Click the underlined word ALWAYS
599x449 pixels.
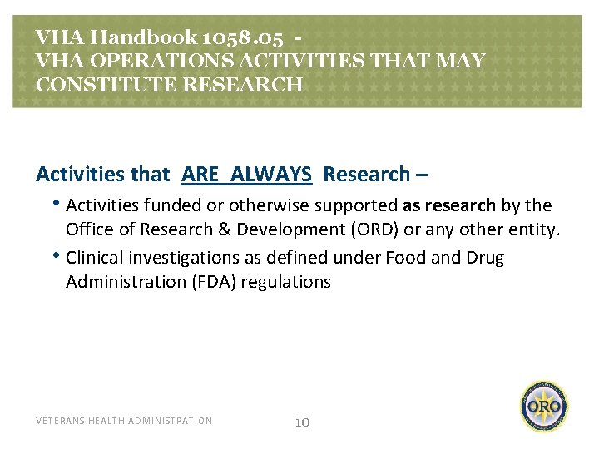271,174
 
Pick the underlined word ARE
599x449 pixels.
200,174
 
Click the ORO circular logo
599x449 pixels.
545,407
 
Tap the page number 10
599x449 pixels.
303,422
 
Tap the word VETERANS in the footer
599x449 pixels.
60,421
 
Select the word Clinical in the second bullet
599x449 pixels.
94,258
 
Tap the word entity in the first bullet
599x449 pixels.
533,229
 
